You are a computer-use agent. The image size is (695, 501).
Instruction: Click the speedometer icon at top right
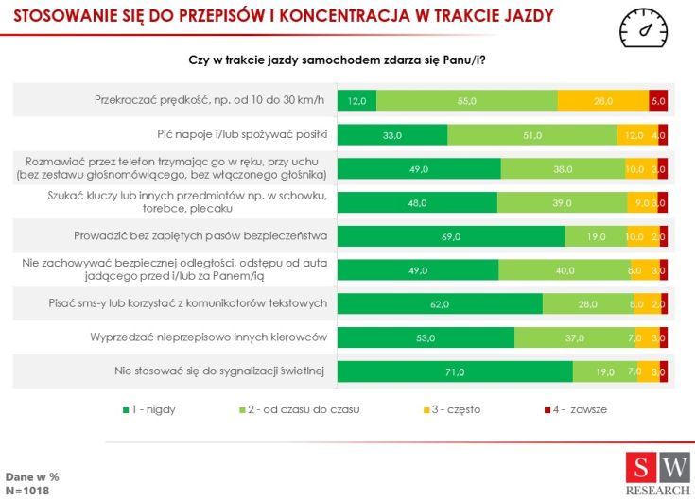648,28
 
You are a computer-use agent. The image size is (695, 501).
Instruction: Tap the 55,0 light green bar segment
467,100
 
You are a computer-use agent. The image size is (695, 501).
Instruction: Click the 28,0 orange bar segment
603,100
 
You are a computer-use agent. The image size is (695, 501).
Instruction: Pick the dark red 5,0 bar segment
658,100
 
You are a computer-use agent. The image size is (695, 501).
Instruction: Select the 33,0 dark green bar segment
391,134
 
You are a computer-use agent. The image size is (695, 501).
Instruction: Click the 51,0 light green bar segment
533,134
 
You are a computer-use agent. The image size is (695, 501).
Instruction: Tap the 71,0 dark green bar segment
455,371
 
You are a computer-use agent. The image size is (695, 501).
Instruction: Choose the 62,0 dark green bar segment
440,303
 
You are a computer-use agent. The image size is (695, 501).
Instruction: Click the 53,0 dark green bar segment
426,337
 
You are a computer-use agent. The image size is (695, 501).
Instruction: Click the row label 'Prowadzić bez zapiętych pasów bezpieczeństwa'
200,235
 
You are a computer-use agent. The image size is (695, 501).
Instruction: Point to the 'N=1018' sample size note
27,491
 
